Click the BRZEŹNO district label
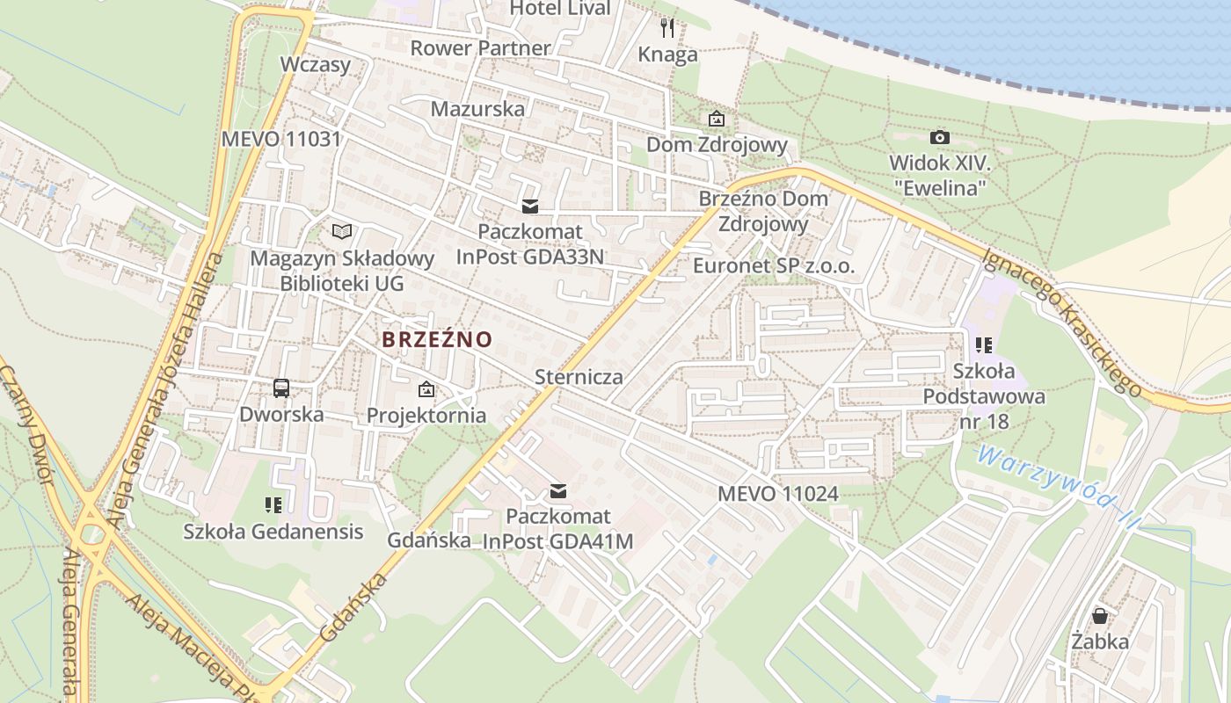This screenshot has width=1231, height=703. click(437, 339)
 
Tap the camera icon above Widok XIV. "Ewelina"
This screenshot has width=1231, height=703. click(939, 137)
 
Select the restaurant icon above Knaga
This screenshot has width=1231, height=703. click(667, 28)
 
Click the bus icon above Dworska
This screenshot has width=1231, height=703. click(281, 388)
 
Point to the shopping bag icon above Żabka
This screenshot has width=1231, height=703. click(1100, 615)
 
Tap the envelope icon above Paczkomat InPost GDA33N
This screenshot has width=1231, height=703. click(529, 207)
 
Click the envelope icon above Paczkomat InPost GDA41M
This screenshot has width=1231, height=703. click(557, 491)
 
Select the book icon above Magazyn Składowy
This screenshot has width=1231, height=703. click(342, 231)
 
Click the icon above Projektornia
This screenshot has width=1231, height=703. click(426, 388)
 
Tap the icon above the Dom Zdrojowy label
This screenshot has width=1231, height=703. click(717, 119)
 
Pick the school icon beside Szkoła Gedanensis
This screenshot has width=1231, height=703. click(273, 504)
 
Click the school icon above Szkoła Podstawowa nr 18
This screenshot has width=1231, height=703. click(984, 345)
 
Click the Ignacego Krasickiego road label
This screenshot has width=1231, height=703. click(1061, 322)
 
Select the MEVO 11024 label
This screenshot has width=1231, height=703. click(777, 494)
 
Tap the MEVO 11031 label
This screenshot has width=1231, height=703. click(280, 139)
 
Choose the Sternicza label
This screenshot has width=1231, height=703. click(579, 377)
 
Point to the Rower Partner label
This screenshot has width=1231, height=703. click(480, 47)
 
